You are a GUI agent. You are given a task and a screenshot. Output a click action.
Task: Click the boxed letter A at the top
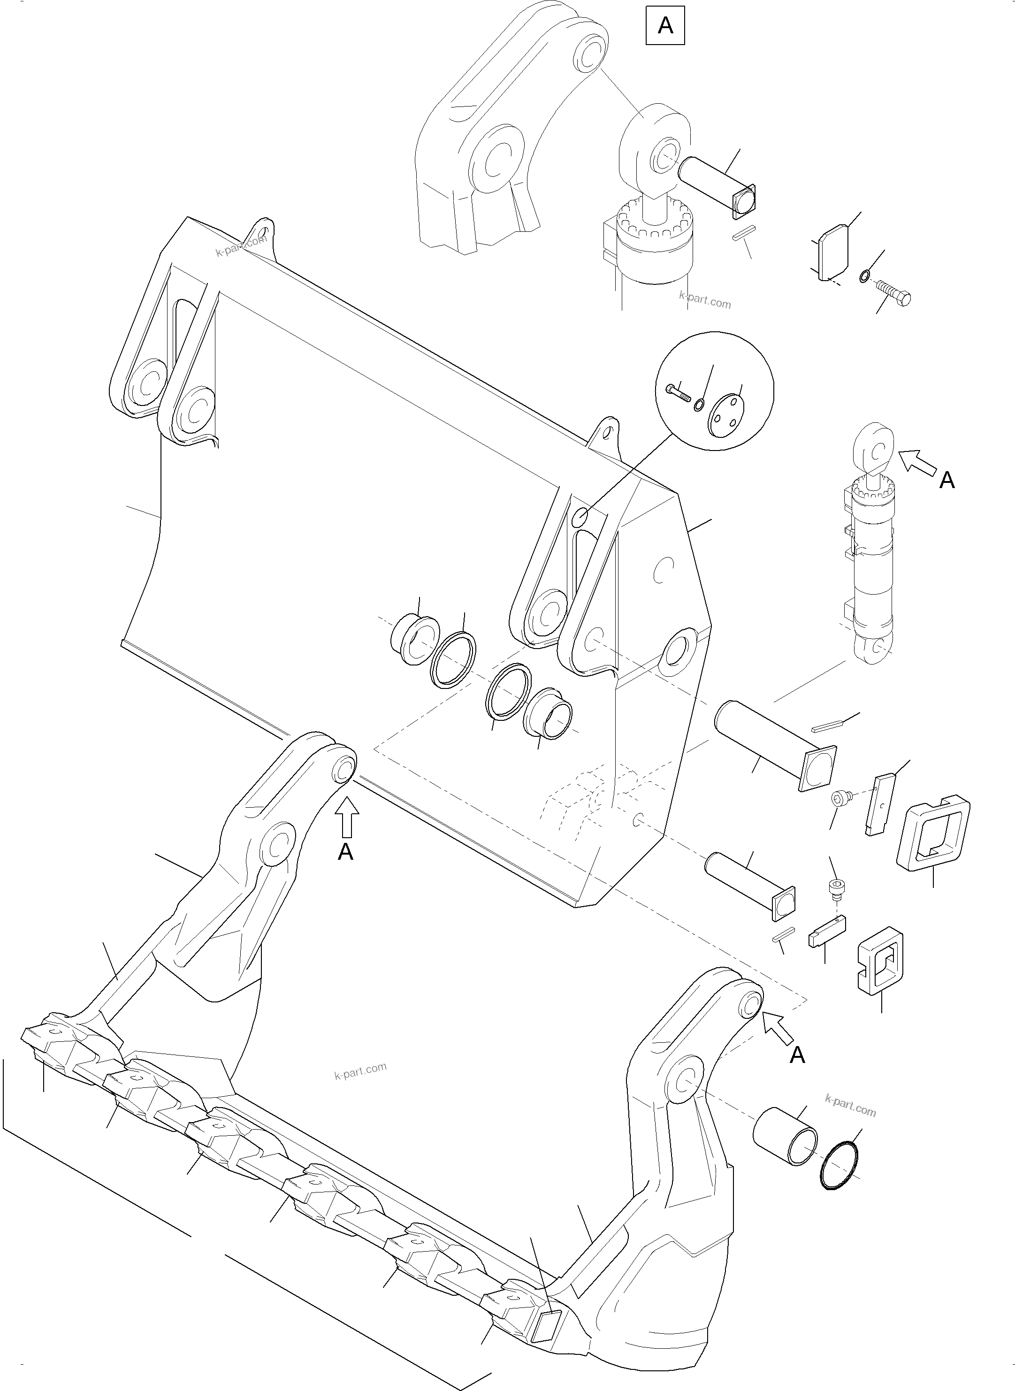point(665,26)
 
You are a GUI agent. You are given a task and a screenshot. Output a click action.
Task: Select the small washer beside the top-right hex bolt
point(864,276)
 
